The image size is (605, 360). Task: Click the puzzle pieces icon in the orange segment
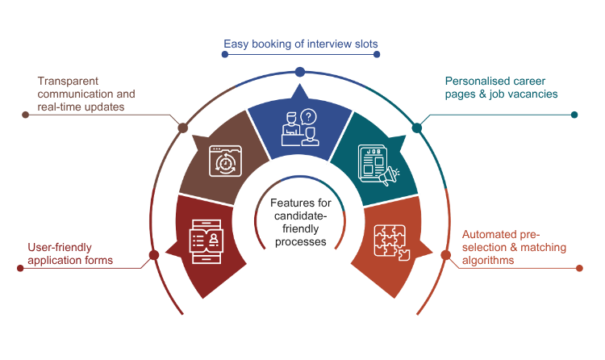click(391, 238)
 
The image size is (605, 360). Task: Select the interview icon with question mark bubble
click(300, 128)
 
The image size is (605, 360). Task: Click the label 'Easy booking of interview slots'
click(300, 43)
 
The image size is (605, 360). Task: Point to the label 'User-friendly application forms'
click(71, 255)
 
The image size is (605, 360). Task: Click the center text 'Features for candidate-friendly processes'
click(299, 223)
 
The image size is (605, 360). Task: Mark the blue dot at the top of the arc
click(300, 73)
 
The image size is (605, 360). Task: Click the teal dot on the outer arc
click(417, 127)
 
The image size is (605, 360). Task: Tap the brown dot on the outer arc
click(183, 127)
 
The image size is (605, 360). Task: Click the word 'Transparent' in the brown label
click(69, 82)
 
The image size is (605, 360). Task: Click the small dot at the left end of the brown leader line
click(26, 115)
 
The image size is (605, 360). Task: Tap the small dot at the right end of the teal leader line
click(574, 115)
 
